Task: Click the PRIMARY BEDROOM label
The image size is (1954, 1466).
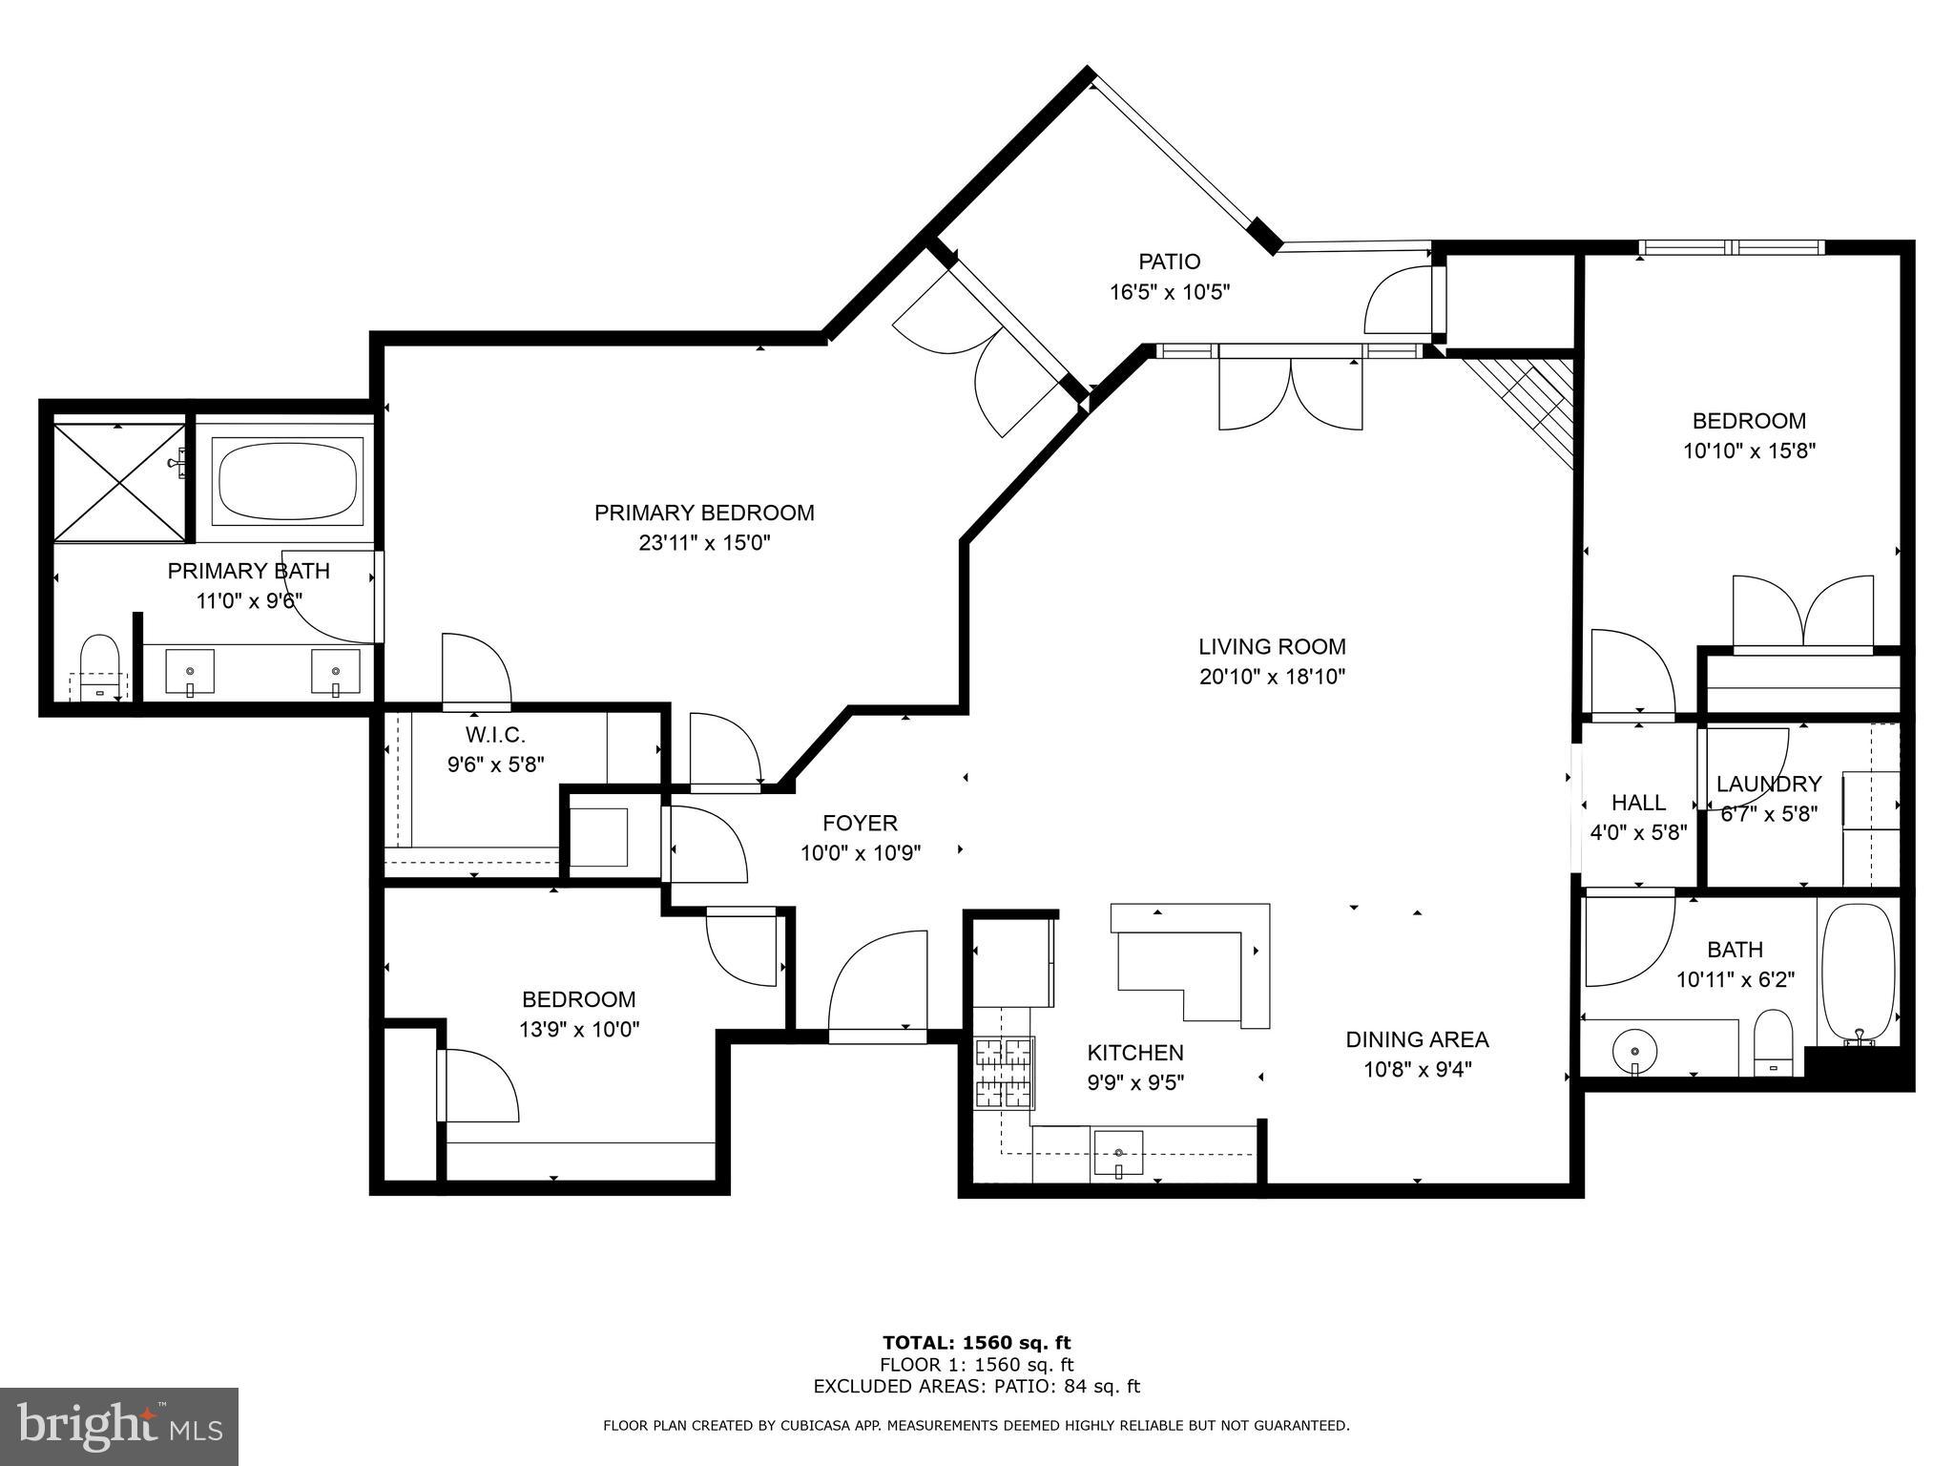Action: point(704,513)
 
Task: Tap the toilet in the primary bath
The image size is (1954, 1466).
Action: point(99,664)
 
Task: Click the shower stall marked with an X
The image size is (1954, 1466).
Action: point(117,483)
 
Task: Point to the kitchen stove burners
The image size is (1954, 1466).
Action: point(1004,1073)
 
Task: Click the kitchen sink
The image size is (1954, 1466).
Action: point(1118,1155)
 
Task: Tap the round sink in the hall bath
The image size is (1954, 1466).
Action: point(1634,1054)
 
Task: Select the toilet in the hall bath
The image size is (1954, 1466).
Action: point(1775,1042)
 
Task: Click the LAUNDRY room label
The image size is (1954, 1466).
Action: point(1769,784)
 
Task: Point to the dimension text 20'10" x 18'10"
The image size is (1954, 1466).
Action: point(1272,677)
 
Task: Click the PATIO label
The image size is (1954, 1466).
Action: point(1169,261)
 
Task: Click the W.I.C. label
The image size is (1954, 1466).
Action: point(495,735)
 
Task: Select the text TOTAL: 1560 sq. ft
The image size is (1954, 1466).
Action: point(976,1344)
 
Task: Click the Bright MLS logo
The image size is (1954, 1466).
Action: point(119,1426)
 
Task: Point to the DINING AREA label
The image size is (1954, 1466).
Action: point(1417,1039)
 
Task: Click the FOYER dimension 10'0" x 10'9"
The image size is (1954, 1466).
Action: point(860,852)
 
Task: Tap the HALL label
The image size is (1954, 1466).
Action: point(1638,803)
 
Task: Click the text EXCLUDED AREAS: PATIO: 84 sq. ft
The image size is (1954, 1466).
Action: point(976,1387)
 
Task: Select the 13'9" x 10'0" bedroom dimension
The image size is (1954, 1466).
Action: point(578,1030)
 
